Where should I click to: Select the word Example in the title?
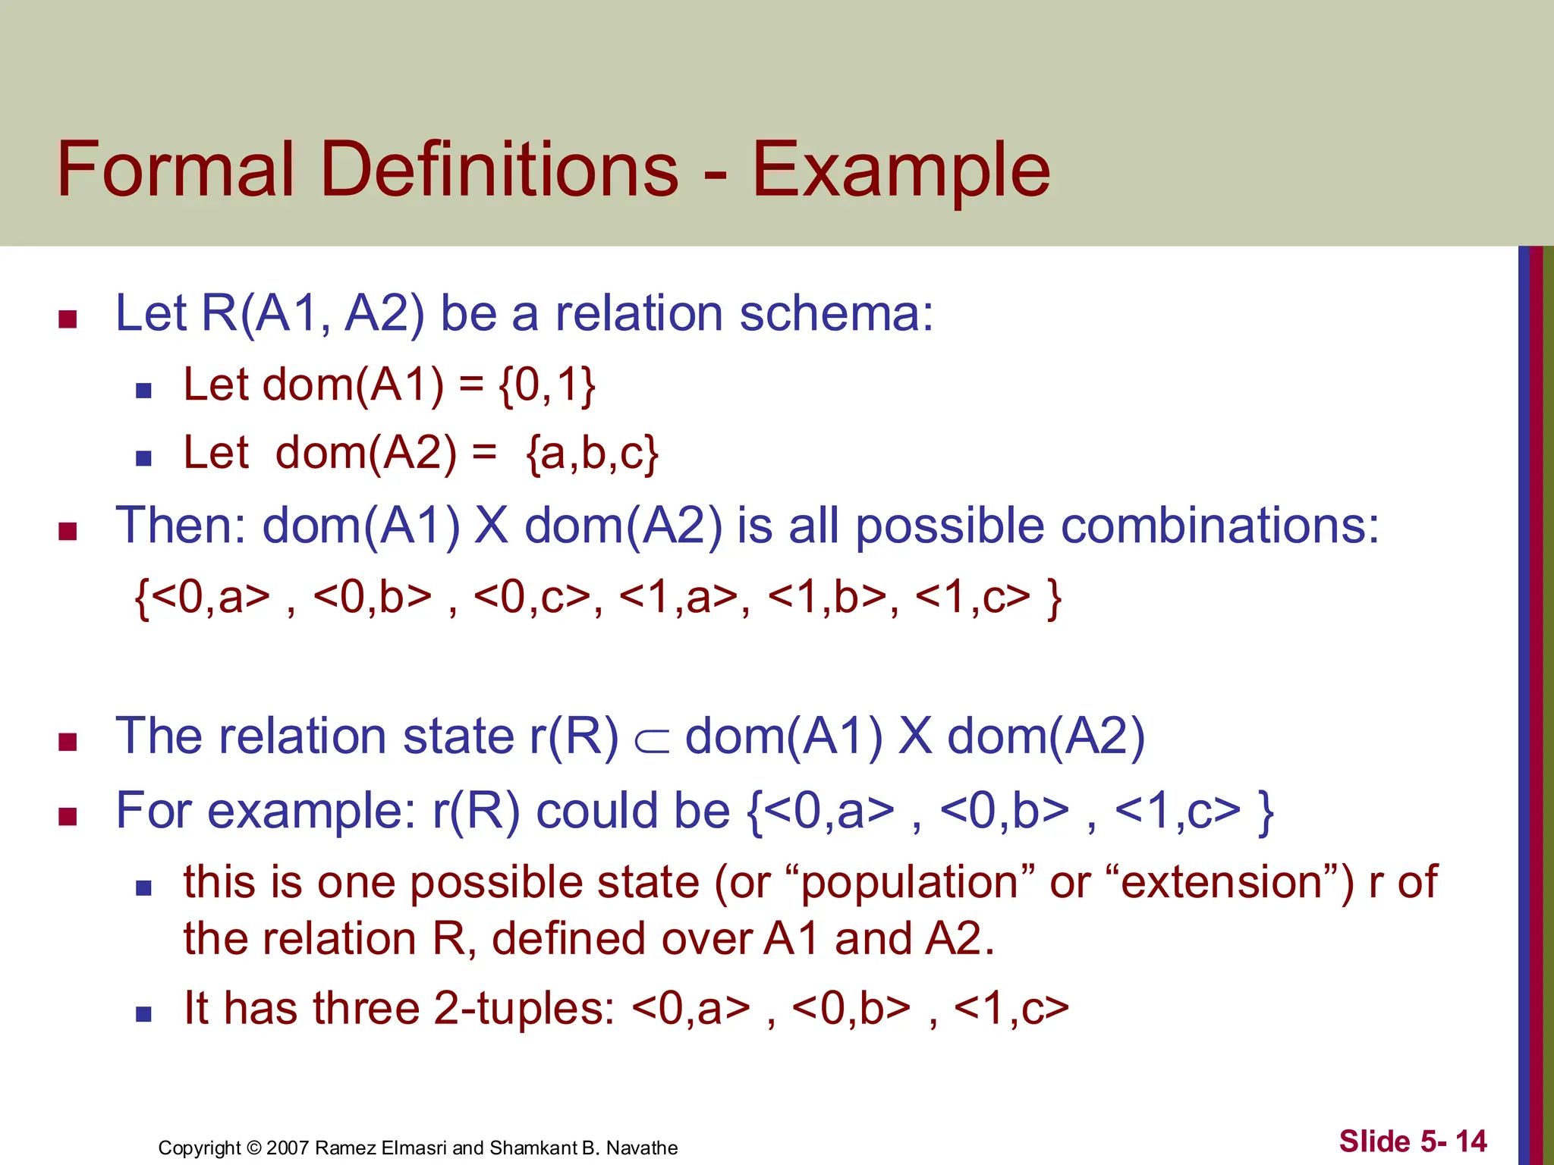[901, 171]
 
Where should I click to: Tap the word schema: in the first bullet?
[835, 313]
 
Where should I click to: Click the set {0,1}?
[546, 385]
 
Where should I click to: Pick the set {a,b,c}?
[592, 454]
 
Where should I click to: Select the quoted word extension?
[1229, 882]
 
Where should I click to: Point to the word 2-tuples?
[524, 1009]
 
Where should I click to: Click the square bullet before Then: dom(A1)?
[68, 531]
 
